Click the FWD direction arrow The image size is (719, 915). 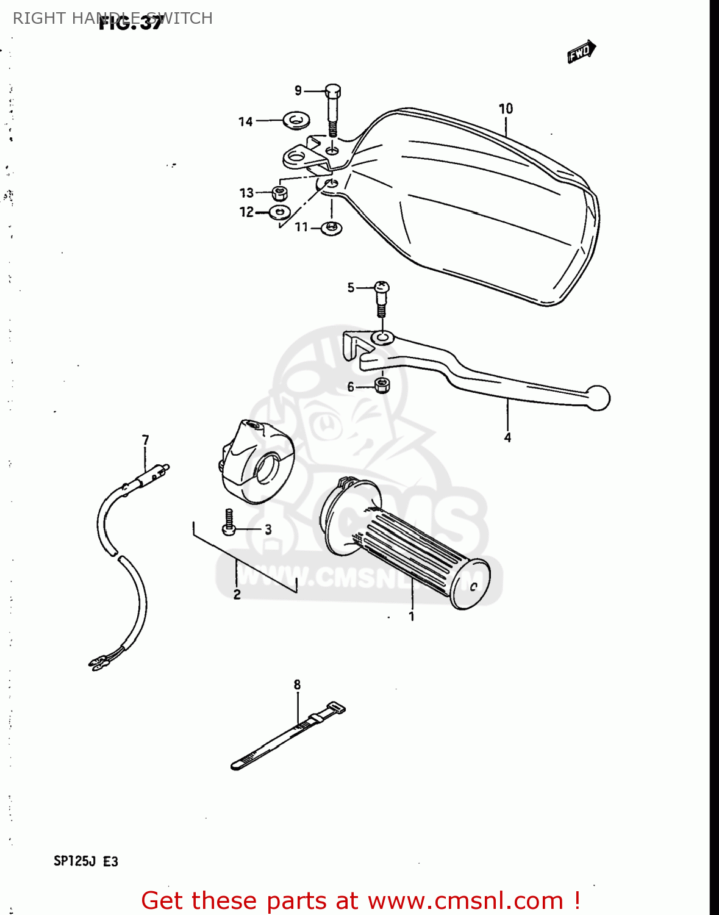tap(581, 52)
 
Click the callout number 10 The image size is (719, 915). tap(506, 109)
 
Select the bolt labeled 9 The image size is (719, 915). tap(332, 109)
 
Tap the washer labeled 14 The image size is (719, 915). tap(296, 119)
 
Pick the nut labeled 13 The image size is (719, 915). tap(280, 193)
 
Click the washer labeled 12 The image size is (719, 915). tap(280, 212)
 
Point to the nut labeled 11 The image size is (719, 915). tap(331, 228)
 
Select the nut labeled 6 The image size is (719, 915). tap(382, 385)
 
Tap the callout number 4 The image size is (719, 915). tap(507, 437)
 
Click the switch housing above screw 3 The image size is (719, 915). tap(257, 461)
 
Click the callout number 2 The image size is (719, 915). tap(237, 594)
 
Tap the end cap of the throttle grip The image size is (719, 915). tap(470, 584)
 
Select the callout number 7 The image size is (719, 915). tap(145, 440)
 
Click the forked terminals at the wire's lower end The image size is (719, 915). tap(98, 662)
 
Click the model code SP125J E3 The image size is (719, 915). tap(86, 861)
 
